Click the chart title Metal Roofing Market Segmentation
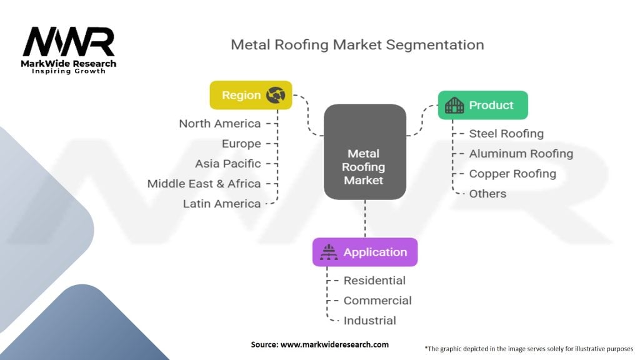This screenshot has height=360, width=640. pos(357,45)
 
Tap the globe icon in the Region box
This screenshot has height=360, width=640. pos(275,95)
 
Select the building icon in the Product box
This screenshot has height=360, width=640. pos(454,105)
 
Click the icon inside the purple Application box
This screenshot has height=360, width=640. pos(328,252)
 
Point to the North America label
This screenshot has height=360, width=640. pos(219,124)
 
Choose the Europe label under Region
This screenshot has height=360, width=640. pos(241,144)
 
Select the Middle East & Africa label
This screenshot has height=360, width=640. pos(204,184)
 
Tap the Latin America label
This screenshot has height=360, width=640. pos(221,204)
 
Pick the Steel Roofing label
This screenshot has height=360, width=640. pos(506,134)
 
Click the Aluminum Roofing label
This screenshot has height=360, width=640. pos(521,154)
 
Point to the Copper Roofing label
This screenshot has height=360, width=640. pos(512,174)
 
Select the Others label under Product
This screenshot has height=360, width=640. pos(487,194)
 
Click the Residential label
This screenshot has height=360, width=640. pos(374,281)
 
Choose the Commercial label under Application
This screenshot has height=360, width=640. pos(377,301)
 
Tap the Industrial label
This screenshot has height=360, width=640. pos(369,321)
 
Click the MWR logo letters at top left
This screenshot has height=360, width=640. pos(69,42)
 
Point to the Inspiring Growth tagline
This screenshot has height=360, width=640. pos(69,71)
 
